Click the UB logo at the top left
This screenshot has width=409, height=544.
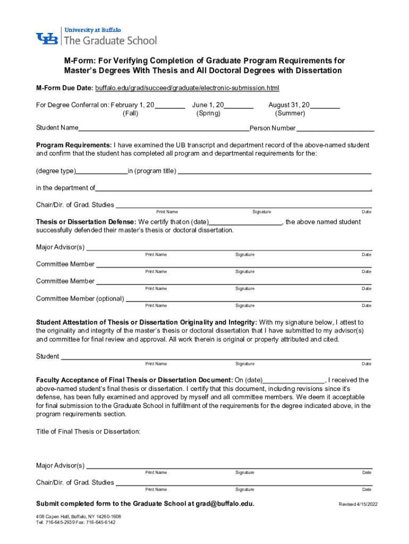point(48,39)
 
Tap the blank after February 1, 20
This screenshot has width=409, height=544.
point(170,106)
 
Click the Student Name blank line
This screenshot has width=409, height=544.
point(164,129)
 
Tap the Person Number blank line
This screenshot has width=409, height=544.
point(335,129)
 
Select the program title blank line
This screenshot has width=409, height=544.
point(274,172)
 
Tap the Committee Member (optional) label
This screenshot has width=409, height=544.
point(80,299)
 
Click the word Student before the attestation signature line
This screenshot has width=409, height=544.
point(47,356)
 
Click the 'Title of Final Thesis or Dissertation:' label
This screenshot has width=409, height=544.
point(88,431)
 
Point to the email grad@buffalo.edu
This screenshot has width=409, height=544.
point(225,504)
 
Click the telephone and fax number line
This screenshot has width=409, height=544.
point(75,522)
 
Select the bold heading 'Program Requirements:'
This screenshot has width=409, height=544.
point(74,145)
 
